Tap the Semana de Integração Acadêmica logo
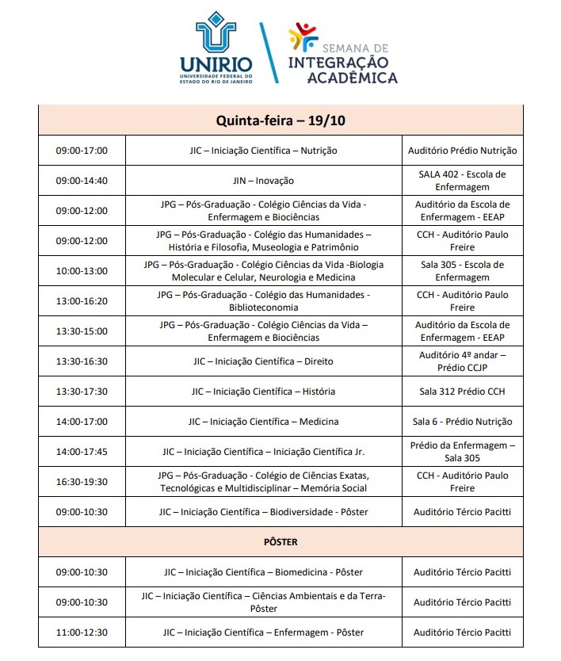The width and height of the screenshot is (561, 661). [342, 54]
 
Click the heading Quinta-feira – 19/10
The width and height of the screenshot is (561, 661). [280, 120]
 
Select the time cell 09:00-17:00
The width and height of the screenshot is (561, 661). [81, 151]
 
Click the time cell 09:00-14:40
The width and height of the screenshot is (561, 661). [81, 181]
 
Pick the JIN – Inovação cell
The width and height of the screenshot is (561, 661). [263, 181]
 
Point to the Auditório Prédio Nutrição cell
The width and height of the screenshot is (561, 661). [462, 151]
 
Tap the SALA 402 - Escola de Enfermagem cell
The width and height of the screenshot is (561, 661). [462, 181]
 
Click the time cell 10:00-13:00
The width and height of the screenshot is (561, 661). [81, 271]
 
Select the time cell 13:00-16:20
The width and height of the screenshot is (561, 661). [81, 301]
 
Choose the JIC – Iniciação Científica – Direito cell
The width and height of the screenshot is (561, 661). [263, 361]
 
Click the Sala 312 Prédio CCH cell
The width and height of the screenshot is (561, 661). [462, 392]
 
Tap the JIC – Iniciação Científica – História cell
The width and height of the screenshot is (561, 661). [263, 392]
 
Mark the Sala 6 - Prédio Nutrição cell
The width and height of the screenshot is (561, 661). [462, 422]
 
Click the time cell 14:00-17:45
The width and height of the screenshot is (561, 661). [81, 452]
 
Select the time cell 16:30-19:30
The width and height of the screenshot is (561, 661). [81, 482]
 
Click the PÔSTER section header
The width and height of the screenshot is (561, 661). [280, 542]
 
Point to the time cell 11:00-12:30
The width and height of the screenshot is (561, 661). [81, 632]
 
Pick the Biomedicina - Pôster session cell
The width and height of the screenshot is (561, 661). [263, 572]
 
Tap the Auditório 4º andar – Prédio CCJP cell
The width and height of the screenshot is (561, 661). [462, 361]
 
